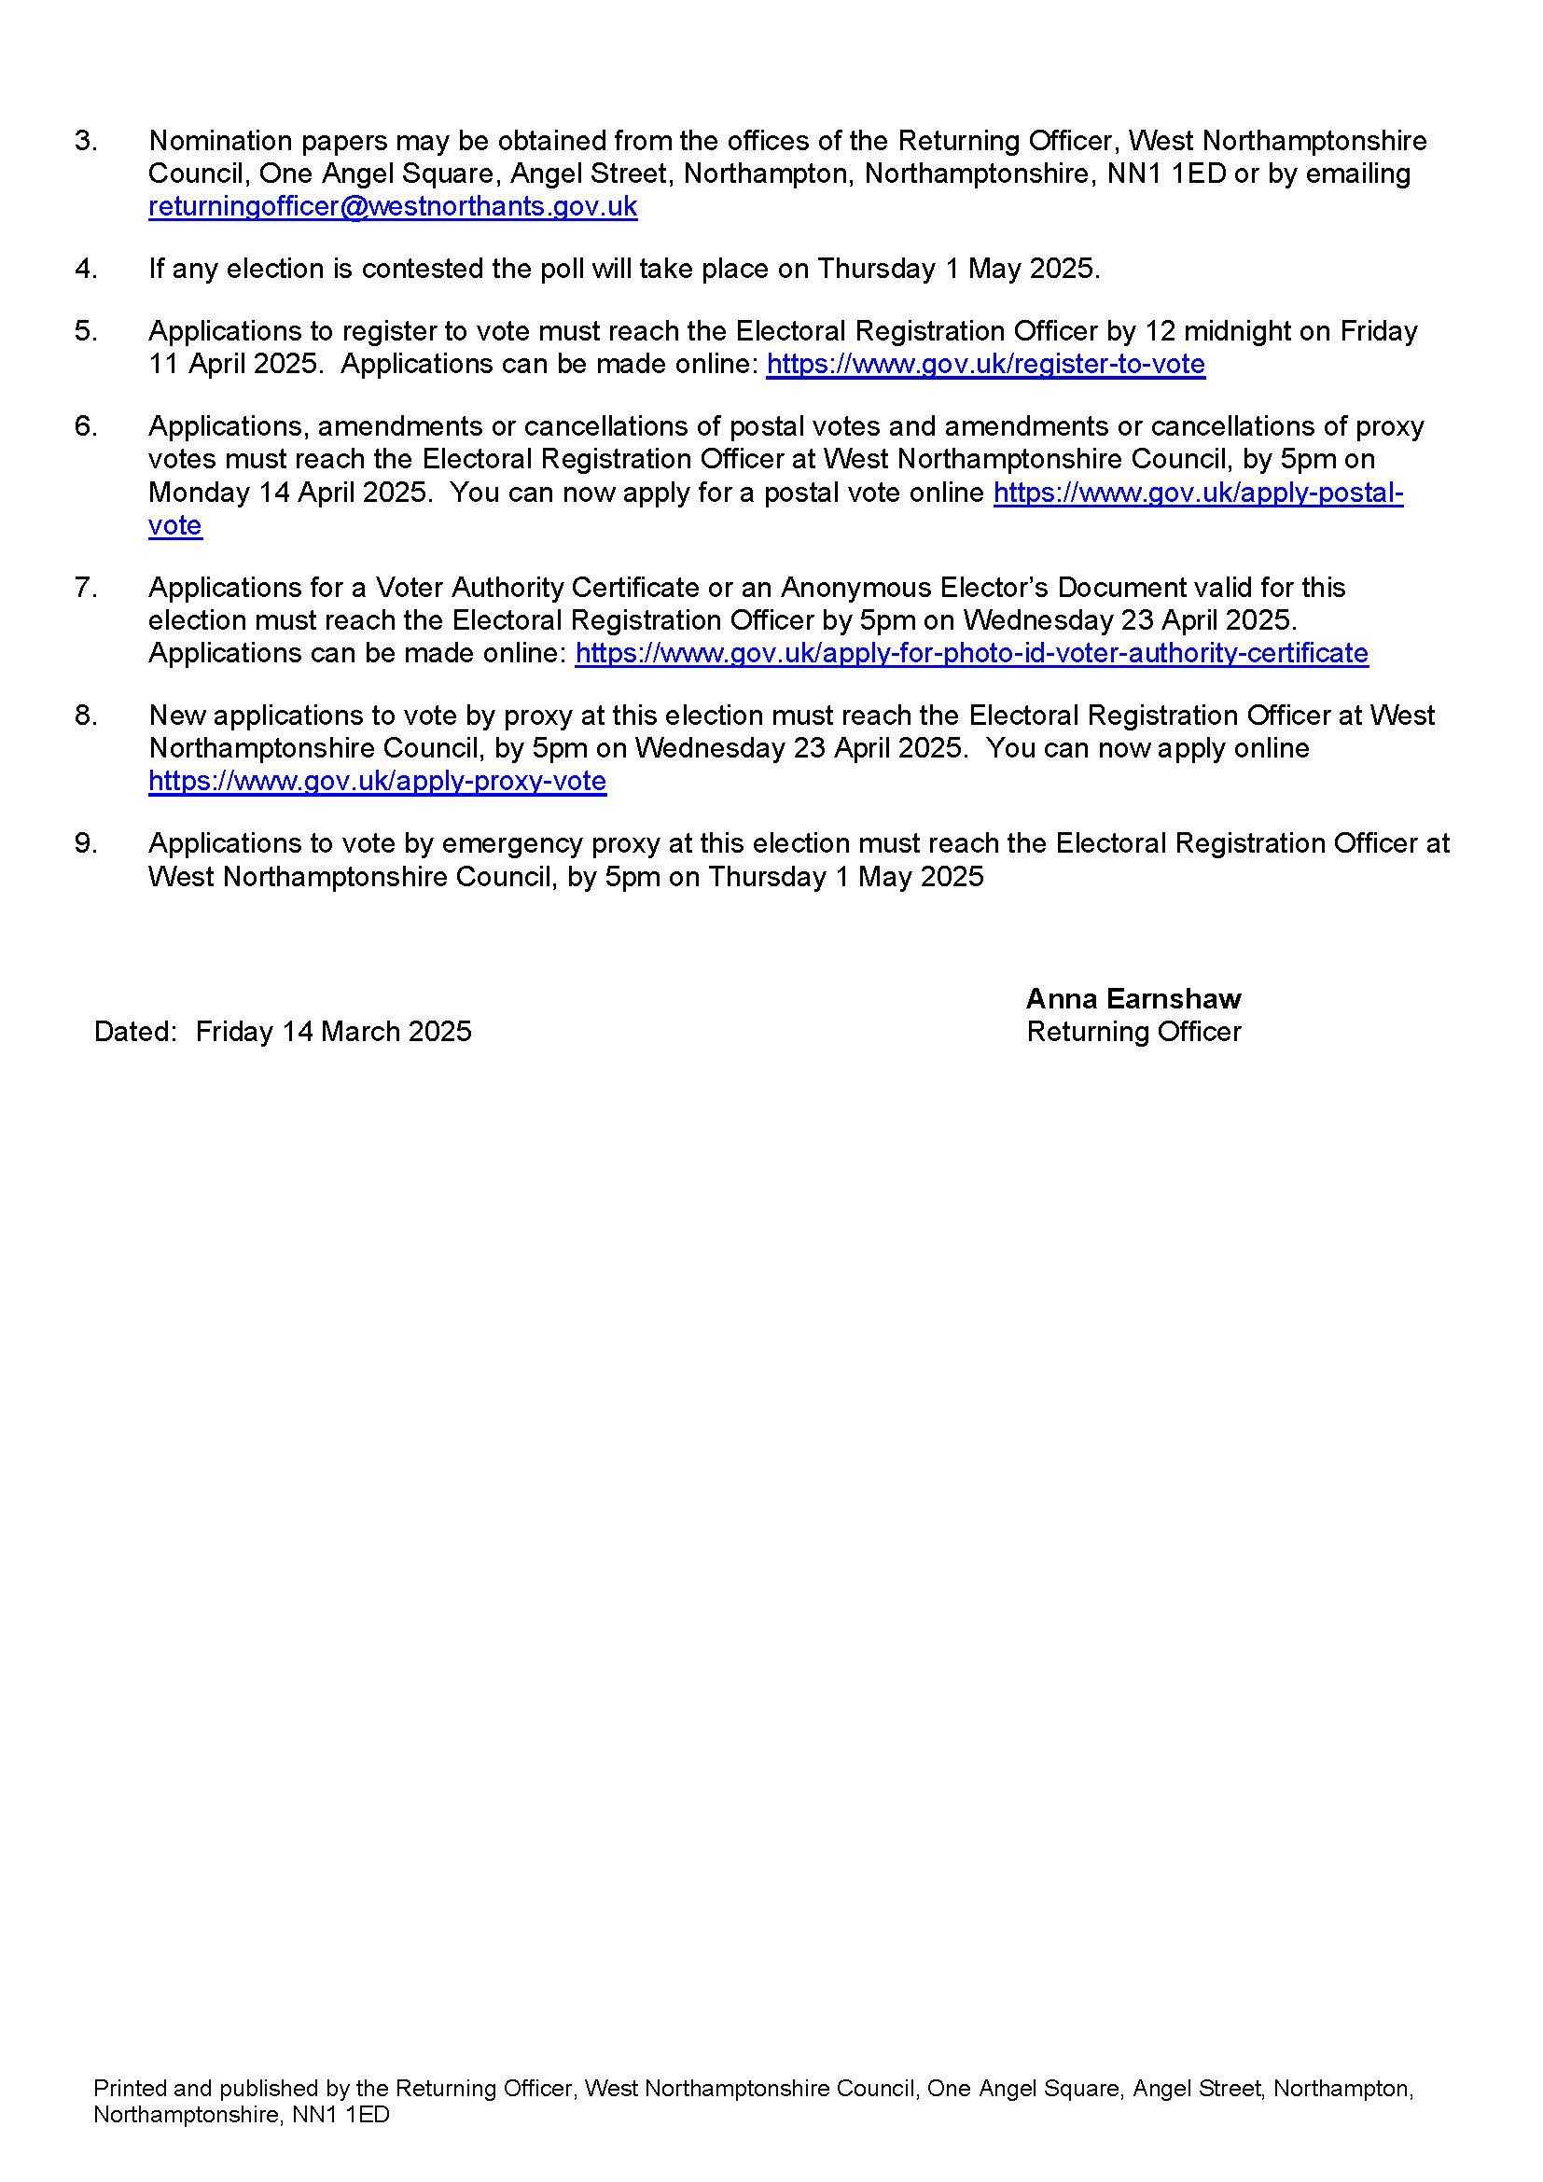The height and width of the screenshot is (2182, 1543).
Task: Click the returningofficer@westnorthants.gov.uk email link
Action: coord(393,207)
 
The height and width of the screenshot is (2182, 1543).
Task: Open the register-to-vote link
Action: coord(985,364)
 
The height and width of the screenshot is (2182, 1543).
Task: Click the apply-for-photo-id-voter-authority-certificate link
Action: coord(971,653)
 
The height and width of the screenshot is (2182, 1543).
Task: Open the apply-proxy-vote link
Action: coord(377,781)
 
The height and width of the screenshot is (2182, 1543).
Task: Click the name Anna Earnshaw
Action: coord(1133,998)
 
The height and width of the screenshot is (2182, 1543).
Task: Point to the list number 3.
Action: coord(86,141)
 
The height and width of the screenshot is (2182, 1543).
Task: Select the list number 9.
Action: coord(86,843)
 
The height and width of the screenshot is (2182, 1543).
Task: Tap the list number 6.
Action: coord(86,425)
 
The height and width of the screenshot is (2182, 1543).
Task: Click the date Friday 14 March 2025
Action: coord(333,1031)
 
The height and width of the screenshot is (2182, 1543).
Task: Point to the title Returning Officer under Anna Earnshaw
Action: coord(1133,1031)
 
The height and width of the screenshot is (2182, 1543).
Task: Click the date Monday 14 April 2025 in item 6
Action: coord(289,493)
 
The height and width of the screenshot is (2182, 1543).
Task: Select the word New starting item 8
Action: coord(172,715)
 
